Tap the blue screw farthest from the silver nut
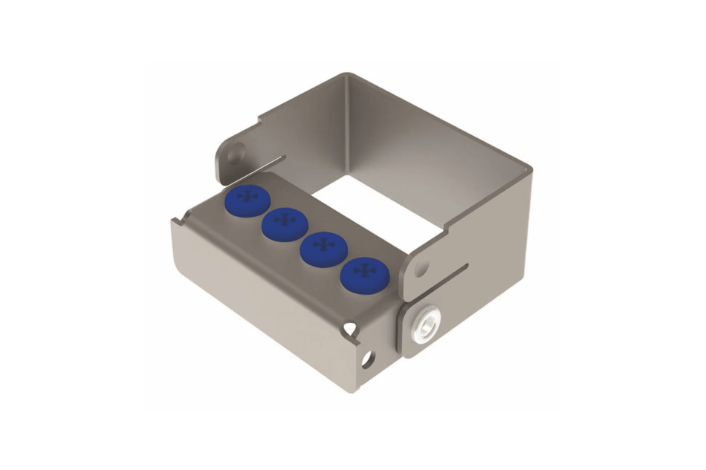[246, 198]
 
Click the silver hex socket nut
[426, 325]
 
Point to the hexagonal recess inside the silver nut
[426, 326]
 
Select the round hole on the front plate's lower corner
[366, 359]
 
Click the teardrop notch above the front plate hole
[352, 324]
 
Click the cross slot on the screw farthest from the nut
[246, 197]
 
